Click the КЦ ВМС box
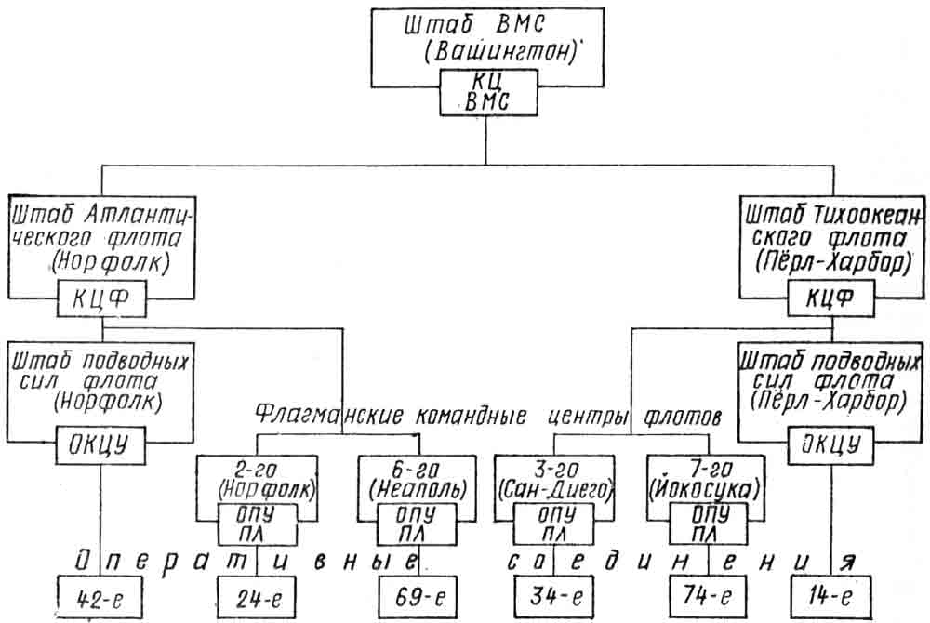pyautogui.click(x=488, y=92)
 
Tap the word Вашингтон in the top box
pyautogui.click(x=501, y=52)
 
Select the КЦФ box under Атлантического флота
pyautogui.click(x=101, y=299)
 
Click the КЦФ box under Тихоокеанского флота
pyautogui.click(x=830, y=299)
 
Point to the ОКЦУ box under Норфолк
pyautogui.click(x=100, y=444)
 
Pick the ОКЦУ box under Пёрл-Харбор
pyautogui.click(x=830, y=444)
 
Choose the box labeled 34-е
pyautogui.click(x=554, y=597)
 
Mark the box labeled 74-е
pyautogui.click(x=708, y=597)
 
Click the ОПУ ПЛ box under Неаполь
pyautogui.click(x=417, y=524)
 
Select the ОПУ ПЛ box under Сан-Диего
pyautogui.click(x=554, y=524)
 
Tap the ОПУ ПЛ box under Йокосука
pyautogui.click(x=709, y=524)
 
